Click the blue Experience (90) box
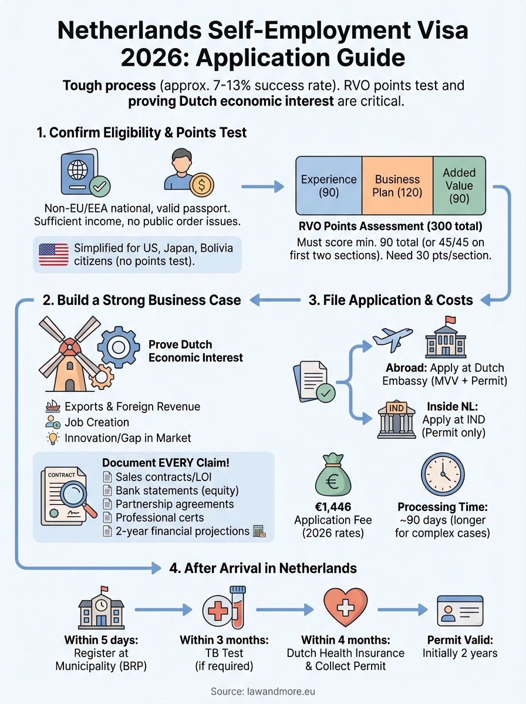pos(329,186)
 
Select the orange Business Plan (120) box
pos(397,186)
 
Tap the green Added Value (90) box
pos(459,186)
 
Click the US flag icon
pos(53,255)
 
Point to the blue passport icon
pos(82,174)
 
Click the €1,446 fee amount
pos(333,507)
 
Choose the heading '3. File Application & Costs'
pos(390,300)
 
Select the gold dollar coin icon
pos(201,185)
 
